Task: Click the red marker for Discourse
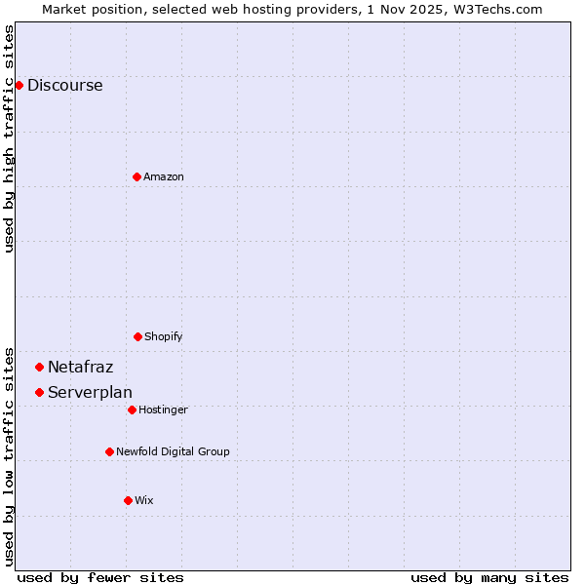(19, 85)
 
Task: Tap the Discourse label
(64, 85)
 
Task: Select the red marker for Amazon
(136, 176)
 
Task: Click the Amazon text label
(164, 176)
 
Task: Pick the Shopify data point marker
(137, 336)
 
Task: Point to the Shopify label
(164, 336)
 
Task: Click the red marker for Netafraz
(39, 367)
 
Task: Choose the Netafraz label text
(80, 367)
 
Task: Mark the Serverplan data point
(39, 392)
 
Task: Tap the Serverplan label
(90, 392)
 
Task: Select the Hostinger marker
(132, 409)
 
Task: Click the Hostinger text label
(163, 409)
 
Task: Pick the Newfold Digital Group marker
(109, 451)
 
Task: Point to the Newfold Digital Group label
(173, 451)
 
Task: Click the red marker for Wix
(128, 500)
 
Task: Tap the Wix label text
(144, 500)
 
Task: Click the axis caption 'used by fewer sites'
(100, 577)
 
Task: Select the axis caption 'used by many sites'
(489, 577)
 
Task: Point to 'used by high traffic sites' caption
(9, 138)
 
